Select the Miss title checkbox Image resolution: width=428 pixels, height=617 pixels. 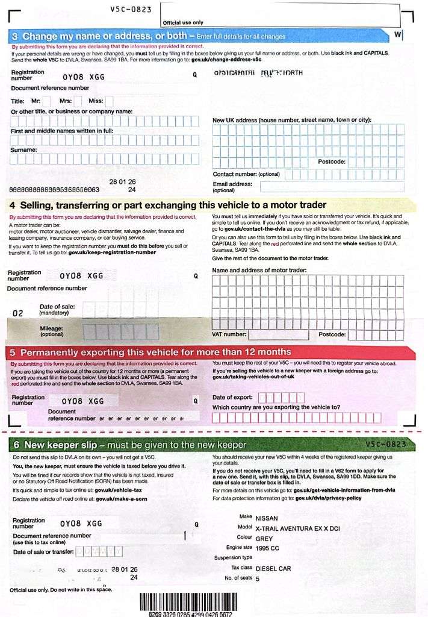click(109, 101)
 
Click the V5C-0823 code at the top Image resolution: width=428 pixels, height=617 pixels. click(131, 9)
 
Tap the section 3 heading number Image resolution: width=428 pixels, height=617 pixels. click(15, 36)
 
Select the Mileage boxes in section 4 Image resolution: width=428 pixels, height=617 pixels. click(120, 331)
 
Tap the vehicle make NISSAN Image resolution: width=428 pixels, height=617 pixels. click(267, 518)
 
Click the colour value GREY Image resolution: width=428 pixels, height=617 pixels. click(264, 539)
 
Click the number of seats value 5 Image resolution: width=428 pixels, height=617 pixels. click(258, 578)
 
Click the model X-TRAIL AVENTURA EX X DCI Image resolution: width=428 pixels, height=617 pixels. click(297, 528)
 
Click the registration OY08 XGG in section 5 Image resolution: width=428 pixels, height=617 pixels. click(83, 401)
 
